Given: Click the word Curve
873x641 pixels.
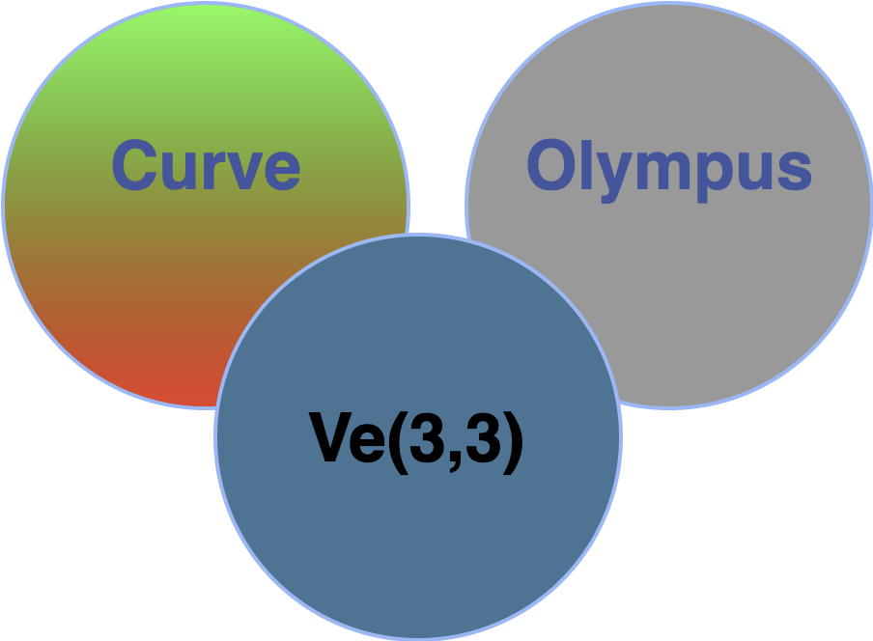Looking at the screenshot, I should tap(206, 166).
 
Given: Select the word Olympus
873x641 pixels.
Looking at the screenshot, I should tap(668, 166).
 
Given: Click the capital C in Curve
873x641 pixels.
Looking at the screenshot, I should tap(135, 166).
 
